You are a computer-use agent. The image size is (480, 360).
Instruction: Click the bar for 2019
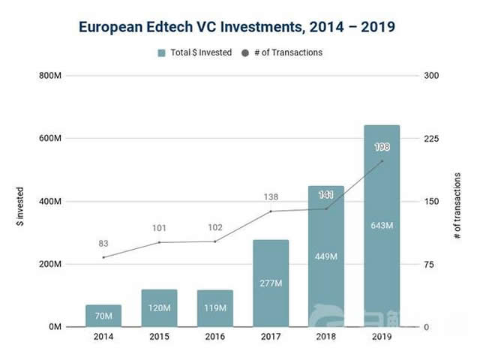382,225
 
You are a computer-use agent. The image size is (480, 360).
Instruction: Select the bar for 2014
103,316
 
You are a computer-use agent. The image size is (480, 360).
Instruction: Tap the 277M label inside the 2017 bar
271,283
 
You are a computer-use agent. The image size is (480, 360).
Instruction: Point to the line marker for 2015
159,242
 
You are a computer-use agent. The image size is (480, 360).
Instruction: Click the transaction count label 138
271,197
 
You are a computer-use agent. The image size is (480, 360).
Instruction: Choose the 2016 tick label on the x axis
215,337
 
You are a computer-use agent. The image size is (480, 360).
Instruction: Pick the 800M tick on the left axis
50,76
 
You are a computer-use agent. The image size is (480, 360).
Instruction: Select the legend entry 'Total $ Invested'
194,52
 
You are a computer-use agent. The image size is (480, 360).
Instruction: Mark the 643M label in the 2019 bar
382,225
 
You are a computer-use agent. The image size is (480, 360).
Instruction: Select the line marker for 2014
103,257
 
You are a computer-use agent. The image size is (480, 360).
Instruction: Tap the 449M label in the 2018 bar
326,256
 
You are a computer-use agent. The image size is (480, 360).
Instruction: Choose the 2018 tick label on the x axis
326,337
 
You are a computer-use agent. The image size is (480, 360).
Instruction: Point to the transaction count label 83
103,244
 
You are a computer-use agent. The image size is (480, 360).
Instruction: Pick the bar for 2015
159,308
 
